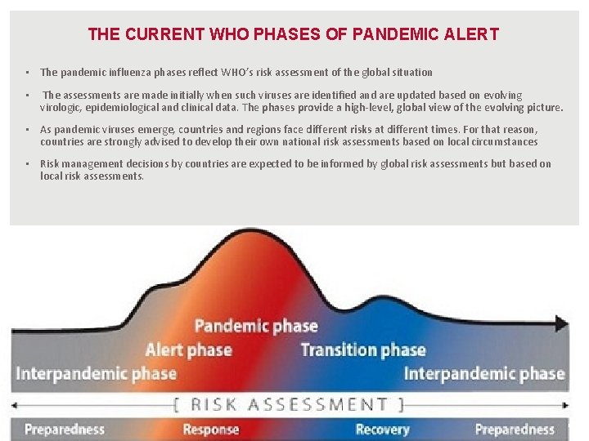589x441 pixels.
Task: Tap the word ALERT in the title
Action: [472, 34]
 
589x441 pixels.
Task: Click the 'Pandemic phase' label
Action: [256, 326]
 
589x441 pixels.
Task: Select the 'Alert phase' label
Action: [189, 350]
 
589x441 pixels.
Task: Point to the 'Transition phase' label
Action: [363, 350]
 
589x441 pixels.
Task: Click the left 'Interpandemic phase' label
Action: [97, 374]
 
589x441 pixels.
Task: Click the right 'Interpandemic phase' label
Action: [484, 374]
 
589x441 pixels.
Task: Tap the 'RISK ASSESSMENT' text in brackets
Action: [289, 404]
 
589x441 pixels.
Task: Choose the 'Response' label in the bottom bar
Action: [211, 430]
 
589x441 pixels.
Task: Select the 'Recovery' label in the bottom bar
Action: [382, 430]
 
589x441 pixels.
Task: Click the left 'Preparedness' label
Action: [65, 430]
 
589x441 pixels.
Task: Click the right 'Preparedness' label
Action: [515, 430]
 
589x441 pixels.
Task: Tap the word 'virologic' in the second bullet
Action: [61, 107]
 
